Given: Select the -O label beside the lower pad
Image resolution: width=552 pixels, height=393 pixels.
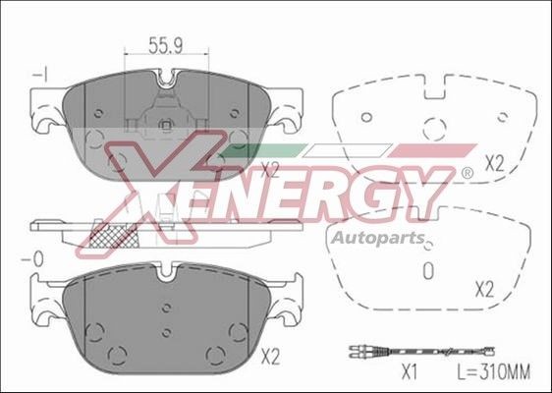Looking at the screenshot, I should click(x=37, y=258).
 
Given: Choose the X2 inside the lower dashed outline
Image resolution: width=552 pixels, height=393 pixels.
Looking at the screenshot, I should click(x=483, y=289).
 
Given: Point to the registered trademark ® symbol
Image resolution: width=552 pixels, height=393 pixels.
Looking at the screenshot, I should click(x=467, y=174).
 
